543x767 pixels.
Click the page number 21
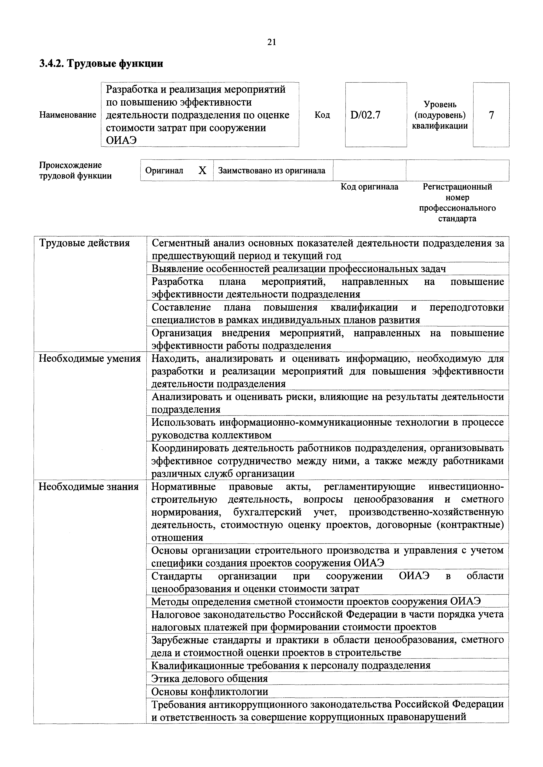pyautogui.click(x=271, y=42)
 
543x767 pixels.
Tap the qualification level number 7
pyautogui.click(x=491, y=115)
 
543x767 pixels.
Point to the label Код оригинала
pyautogui.click(x=369, y=187)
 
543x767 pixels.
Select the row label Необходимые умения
pyautogui.click(x=90, y=358)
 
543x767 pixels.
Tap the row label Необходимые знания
pyautogui.click(x=89, y=487)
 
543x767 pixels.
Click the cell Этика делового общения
pyautogui.click(x=210, y=678)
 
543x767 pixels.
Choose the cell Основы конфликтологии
pyautogui.click(x=210, y=691)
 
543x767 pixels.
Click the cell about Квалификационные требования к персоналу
pyautogui.click(x=291, y=666)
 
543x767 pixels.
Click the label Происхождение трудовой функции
pyautogui.click(x=75, y=170)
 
